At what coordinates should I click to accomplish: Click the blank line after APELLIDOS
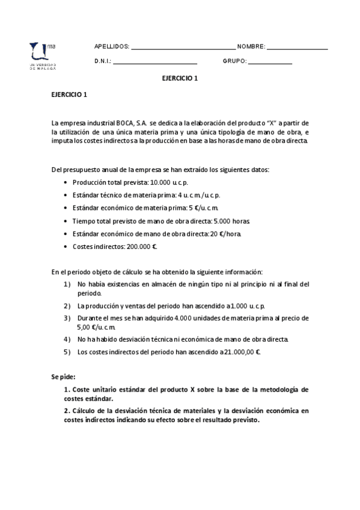click(183, 48)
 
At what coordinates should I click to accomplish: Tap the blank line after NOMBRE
click(297, 48)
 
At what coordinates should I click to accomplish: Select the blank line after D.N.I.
click(155, 62)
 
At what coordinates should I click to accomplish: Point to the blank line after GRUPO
click(270, 62)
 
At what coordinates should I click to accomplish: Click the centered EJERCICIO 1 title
click(180, 78)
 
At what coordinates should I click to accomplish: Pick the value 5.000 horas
click(216, 221)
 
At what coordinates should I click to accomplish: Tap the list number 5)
click(67, 352)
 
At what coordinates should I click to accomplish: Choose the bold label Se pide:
click(63, 376)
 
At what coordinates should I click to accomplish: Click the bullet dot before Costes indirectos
click(66, 247)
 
